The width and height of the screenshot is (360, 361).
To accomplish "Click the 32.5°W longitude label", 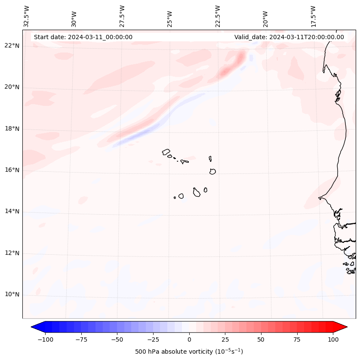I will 27,16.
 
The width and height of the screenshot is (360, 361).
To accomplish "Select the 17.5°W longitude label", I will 313,16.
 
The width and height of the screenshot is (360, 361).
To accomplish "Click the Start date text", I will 83,37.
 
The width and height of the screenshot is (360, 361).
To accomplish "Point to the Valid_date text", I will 289,37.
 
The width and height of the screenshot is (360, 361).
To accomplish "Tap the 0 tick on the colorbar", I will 189,339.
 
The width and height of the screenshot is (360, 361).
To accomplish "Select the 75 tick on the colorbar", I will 297,339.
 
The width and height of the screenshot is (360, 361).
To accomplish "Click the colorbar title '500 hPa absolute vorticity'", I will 189,352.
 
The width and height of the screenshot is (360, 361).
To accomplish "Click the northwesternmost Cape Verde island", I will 166,152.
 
